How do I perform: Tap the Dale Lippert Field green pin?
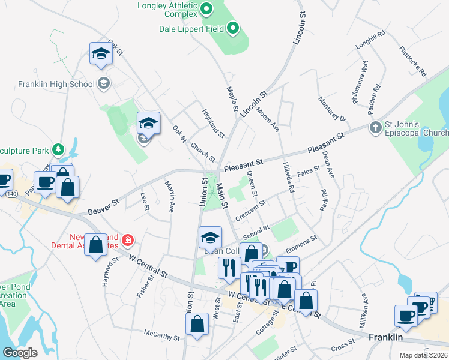pos(232,28)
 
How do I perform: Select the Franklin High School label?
pos(56,84)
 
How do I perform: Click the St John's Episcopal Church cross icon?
pos(375,127)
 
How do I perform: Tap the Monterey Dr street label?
pos(333,109)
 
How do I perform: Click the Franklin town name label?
pos(385,338)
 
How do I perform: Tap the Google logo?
pos(20,352)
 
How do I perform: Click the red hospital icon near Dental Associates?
pos(127,241)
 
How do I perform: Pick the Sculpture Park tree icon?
pos(58,148)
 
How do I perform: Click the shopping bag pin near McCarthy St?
pos(197,325)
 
